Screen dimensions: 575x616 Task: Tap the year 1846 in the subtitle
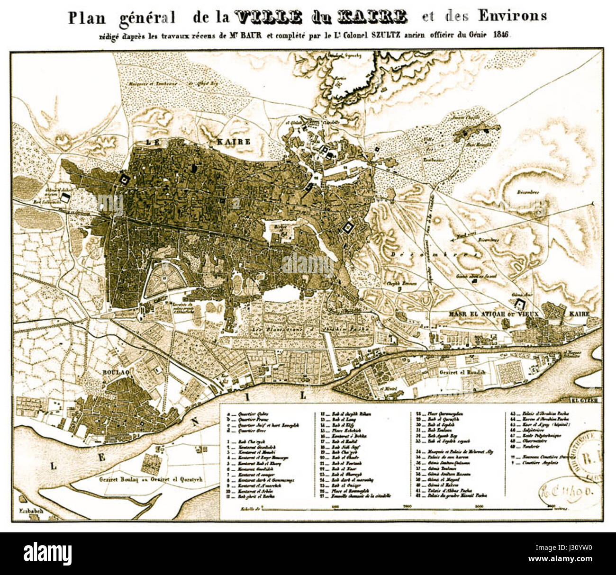point(501,35)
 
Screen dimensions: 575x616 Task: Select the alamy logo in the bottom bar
point(47,553)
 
